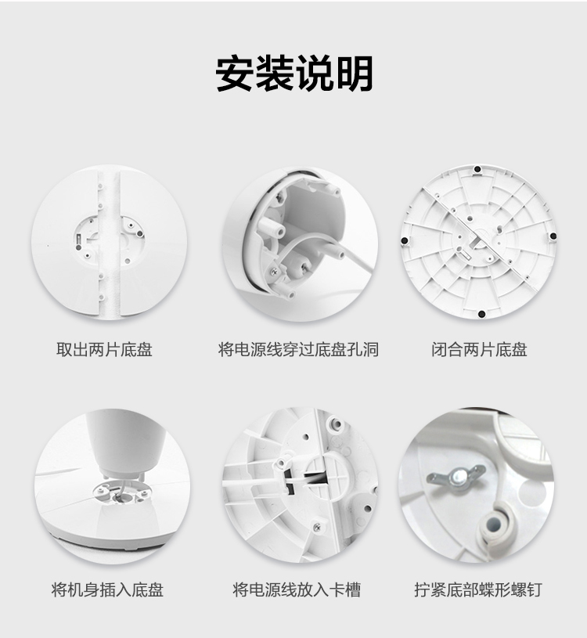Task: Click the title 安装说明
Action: pos(293,74)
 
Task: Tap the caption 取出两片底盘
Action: pos(104,350)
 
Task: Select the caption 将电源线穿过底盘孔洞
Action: pos(298,350)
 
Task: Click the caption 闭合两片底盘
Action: pos(479,350)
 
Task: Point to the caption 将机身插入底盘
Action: pos(107,589)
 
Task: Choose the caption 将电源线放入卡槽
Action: pos(297,589)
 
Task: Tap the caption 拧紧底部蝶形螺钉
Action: pos(478,589)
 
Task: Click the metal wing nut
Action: pos(456,476)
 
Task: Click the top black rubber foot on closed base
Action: pos(478,169)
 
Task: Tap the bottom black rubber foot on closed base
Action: pos(481,314)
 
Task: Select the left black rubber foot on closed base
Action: pos(405,241)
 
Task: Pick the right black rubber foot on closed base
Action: pos(553,236)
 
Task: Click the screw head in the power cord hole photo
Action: pos(274,269)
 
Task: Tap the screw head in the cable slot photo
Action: pos(317,528)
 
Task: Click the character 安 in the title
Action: pos(234,74)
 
